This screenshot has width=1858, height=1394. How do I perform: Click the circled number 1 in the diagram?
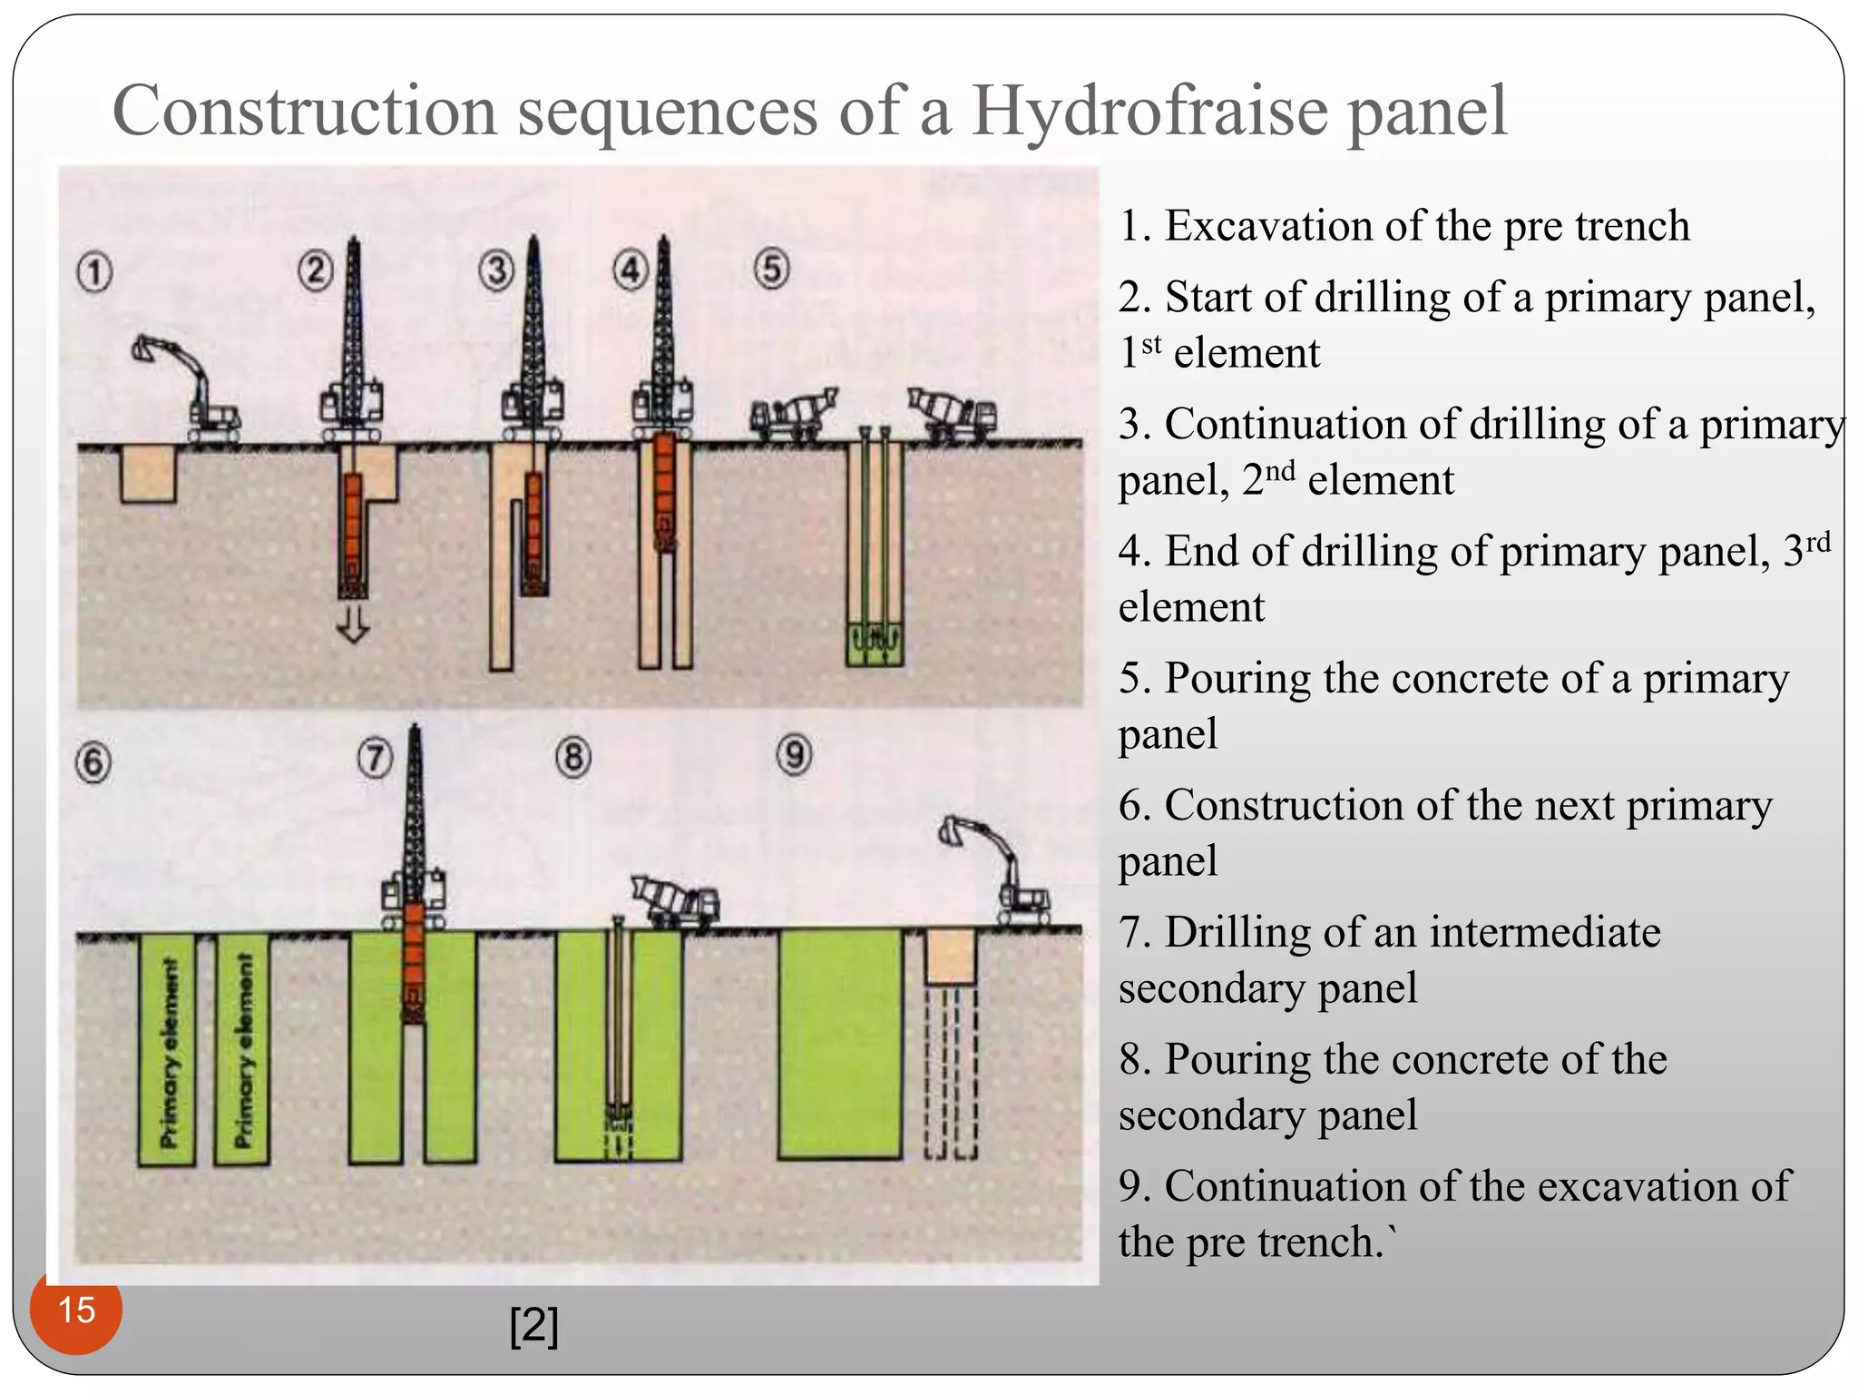coord(94,273)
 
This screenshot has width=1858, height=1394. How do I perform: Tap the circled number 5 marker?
coord(771,270)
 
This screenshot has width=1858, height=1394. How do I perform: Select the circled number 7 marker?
coord(376,758)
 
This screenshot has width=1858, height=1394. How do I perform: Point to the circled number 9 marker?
coord(794,755)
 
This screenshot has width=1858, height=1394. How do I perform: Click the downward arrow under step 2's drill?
coord(353,623)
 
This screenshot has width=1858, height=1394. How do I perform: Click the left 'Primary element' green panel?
coord(167,1050)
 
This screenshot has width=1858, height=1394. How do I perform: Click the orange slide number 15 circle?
coord(75,1311)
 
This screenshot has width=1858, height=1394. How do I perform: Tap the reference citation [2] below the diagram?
coord(534,1326)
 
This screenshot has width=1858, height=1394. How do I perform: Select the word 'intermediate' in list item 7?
coord(1548,932)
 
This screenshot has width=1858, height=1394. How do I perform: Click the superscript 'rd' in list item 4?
coord(1818,543)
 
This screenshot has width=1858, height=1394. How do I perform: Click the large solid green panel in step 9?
coord(840,1044)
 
